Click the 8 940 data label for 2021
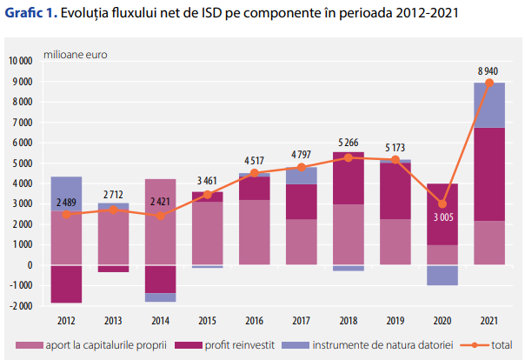click(488, 70)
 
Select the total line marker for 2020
click(442, 203)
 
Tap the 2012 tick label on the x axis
click(66, 321)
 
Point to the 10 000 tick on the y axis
click(19, 61)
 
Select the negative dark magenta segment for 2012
click(66, 283)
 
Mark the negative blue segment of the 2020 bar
click(442, 275)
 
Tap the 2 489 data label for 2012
click(66, 203)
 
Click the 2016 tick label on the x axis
click(255, 321)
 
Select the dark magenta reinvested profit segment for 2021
click(488, 174)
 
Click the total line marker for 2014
click(160, 216)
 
